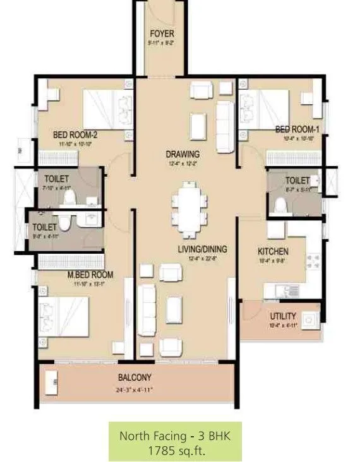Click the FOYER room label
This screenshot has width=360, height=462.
click(x=162, y=33)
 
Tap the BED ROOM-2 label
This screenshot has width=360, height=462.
click(x=75, y=134)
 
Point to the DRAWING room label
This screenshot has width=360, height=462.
click(x=183, y=154)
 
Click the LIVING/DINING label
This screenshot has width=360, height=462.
click(x=202, y=249)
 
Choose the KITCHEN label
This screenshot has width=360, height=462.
click(x=273, y=251)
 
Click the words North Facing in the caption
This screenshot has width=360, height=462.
click(x=150, y=436)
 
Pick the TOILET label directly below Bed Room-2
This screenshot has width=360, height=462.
click(x=57, y=179)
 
